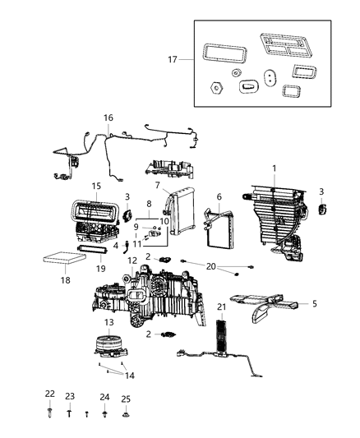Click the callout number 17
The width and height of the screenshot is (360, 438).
(171, 60)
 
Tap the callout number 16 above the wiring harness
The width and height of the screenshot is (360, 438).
(108, 118)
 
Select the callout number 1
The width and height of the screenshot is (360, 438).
(275, 168)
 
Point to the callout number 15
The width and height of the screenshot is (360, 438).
(96, 186)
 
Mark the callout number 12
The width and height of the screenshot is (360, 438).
(132, 260)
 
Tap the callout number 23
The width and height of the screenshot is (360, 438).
(70, 397)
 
